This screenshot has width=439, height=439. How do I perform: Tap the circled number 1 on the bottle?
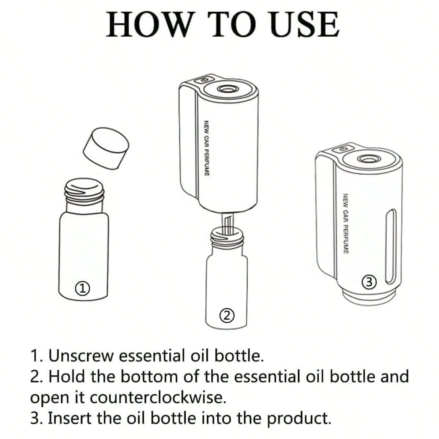pyautogui.click(x=82, y=289)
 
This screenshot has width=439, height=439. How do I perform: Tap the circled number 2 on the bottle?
pyautogui.click(x=227, y=316)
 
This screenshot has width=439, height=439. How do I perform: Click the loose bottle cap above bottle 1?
pyautogui.click(x=106, y=148)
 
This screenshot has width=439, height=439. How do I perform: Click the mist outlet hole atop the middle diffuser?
pyautogui.click(x=226, y=89)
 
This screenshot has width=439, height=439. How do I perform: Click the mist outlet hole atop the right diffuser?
pyautogui.click(x=367, y=159)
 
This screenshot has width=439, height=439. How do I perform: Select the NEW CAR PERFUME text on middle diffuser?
pyautogui.click(x=207, y=148)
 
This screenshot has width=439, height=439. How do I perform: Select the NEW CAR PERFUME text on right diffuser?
pyautogui.click(x=346, y=224)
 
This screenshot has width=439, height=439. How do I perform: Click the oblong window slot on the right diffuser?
pyautogui.click(x=391, y=247)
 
